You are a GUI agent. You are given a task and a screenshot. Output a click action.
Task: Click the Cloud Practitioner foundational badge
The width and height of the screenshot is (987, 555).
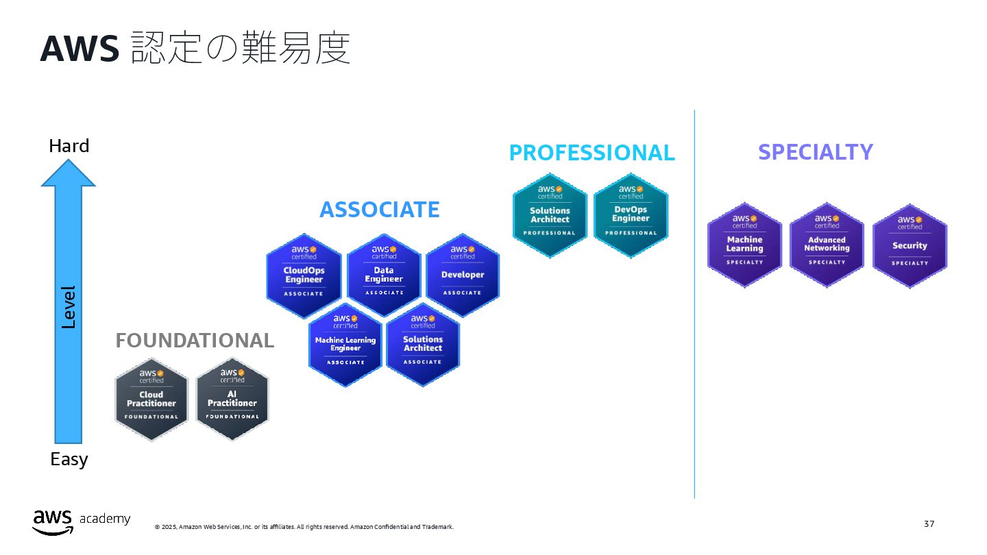[x=151, y=399]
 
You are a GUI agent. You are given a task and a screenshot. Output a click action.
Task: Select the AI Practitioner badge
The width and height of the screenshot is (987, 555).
[x=232, y=399]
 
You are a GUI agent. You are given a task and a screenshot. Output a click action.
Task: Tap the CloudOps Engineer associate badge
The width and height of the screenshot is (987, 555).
[x=304, y=275]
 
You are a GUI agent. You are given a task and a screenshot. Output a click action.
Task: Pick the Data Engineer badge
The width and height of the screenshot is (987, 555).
[x=384, y=275]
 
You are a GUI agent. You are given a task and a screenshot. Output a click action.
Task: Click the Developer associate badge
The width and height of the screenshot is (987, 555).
[x=463, y=275]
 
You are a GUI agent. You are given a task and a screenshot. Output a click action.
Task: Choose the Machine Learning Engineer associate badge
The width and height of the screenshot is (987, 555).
[x=345, y=345]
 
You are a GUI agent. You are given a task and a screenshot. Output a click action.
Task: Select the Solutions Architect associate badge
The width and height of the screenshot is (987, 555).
[x=423, y=345]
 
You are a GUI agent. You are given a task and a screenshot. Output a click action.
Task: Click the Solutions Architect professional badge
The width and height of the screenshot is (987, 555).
[x=550, y=215]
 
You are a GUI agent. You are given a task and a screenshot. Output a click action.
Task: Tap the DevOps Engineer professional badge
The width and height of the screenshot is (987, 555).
[x=631, y=215]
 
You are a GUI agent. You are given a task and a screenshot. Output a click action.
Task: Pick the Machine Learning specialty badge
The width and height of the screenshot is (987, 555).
[x=744, y=245]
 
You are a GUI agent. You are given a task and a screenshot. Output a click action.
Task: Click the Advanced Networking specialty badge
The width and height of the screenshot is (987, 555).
[x=827, y=245]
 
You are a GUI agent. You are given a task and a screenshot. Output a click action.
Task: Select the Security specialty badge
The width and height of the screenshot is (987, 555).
[x=910, y=245]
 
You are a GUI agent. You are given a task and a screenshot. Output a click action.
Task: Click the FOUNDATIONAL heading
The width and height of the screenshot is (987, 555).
[x=195, y=341]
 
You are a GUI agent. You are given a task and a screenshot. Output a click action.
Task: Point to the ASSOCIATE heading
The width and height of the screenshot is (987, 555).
[x=380, y=210]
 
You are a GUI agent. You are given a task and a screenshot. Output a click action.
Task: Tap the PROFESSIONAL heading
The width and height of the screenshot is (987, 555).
[x=592, y=153]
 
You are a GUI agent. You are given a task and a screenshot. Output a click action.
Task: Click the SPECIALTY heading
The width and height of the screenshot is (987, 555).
[x=815, y=152]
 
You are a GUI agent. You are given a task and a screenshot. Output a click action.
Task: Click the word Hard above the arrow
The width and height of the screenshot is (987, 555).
[x=69, y=146]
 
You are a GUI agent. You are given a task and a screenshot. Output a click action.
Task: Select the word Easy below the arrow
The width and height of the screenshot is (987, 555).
[x=69, y=459]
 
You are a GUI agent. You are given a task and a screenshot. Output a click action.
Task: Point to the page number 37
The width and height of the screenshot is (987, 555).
[x=929, y=524]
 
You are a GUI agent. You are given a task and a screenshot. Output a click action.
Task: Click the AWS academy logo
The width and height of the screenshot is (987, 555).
[x=81, y=521]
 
